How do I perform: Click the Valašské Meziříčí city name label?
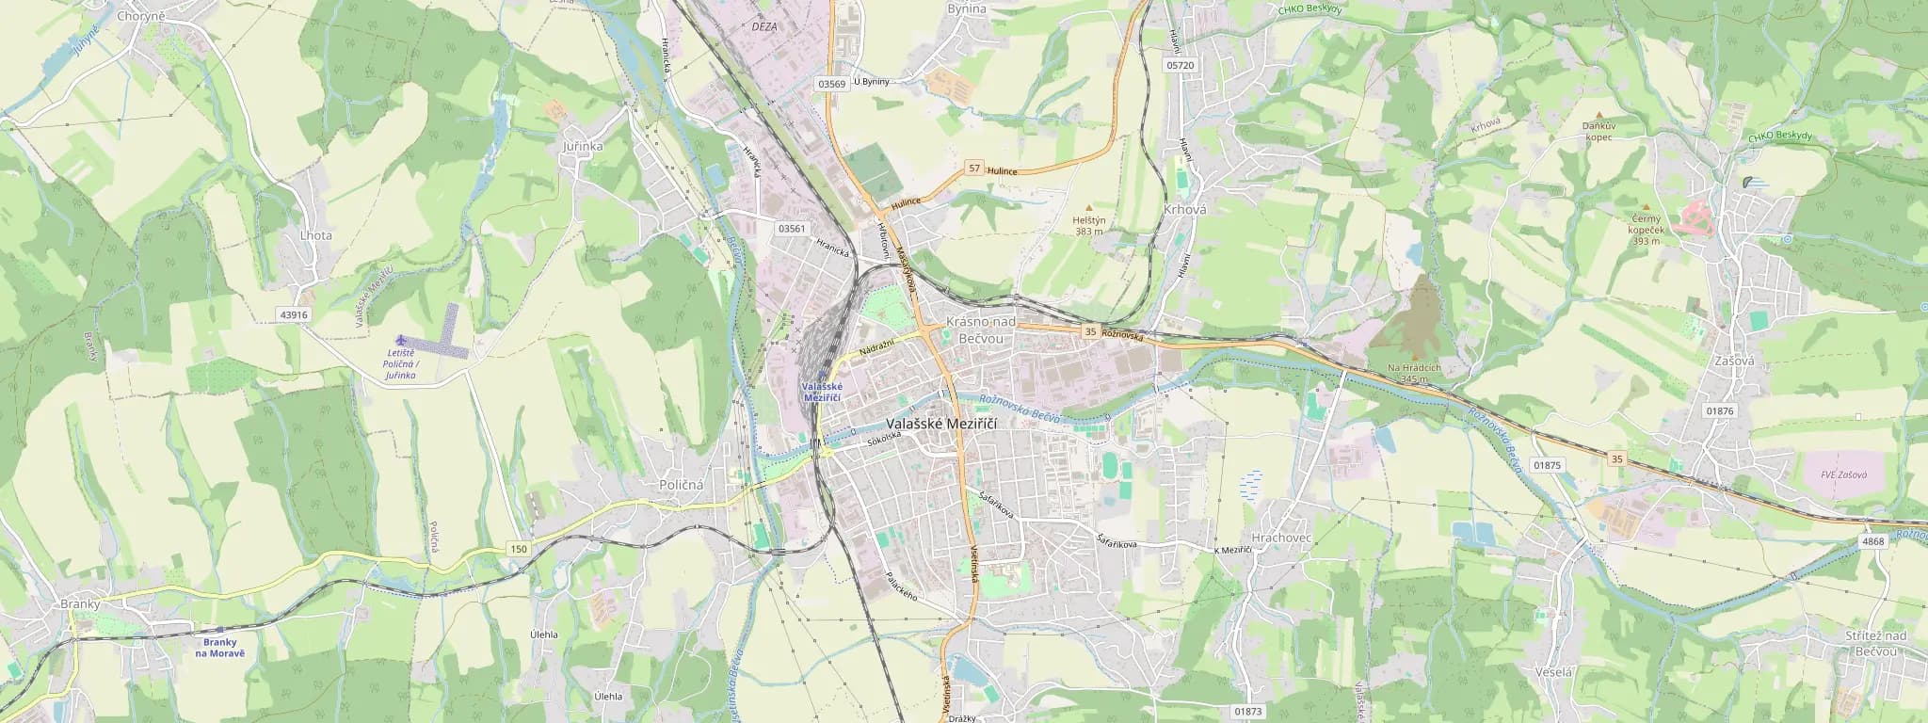(941, 425)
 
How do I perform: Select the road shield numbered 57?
(974, 169)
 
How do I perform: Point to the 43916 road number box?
(294, 315)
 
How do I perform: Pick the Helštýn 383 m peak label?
(1088, 225)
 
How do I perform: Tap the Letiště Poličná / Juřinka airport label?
(401, 364)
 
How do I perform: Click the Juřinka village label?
(582, 147)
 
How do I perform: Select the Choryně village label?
(141, 16)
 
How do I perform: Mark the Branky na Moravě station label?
(220, 648)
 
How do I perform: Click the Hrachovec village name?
(1276, 537)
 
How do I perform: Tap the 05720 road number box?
(1180, 66)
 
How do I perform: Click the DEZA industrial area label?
(764, 27)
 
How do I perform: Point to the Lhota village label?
(316, 235)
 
